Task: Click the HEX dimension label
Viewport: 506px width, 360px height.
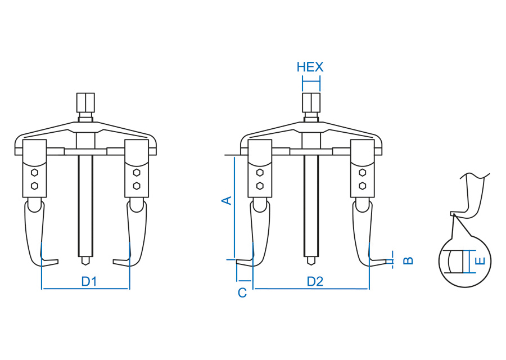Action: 310,67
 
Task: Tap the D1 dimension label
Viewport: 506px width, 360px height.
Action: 89,282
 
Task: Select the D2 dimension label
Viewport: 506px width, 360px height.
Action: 315,282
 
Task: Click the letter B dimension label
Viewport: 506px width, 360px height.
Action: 409,260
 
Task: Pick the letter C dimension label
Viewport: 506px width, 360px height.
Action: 242,293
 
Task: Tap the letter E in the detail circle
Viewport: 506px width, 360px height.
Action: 481,260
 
